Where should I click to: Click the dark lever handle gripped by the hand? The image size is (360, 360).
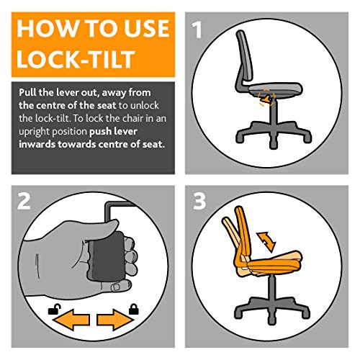(x=104, y=258)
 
